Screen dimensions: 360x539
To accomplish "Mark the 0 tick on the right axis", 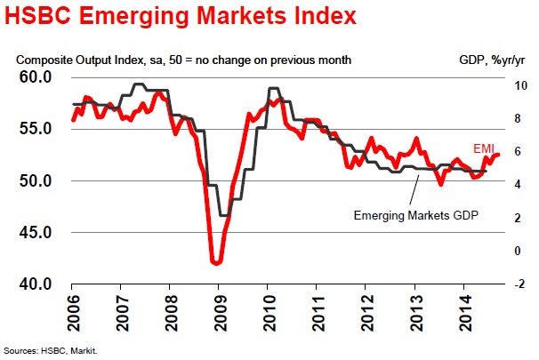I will click(510, 251).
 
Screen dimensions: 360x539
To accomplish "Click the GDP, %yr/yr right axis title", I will click(484, 60).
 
